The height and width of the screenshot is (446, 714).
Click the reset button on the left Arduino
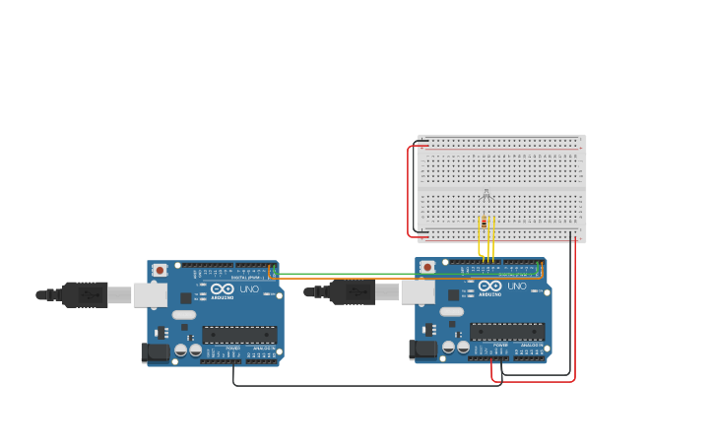(x=160, y=270)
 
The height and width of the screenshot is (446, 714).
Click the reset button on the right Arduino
(x=427, y=267)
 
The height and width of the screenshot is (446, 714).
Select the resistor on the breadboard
(x=484, y=223)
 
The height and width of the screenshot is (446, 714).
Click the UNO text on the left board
(x=249, y=289)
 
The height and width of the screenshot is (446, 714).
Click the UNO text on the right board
(x=517, y=287)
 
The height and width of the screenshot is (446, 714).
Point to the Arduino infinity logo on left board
(x=223, y=288)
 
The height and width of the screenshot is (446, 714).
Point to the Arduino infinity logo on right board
(x=490, y=286)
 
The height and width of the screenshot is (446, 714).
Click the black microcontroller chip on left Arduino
(x=239, y=335)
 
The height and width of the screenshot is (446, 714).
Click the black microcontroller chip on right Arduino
(x=507, y=332)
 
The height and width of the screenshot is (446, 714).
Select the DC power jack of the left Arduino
(x=155, y=352)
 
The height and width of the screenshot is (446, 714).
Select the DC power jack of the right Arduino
(x=422, y=350)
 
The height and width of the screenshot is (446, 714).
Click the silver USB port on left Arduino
(x=150, y=294)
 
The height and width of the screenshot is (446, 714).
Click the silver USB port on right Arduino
(x=418, y=291)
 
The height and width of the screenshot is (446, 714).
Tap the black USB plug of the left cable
(x=86, y=294)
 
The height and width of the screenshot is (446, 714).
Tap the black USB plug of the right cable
(x=354, y=291)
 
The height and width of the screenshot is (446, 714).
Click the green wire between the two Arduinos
(x=345, y=274)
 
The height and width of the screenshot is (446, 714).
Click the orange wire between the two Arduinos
(x=345, y=279)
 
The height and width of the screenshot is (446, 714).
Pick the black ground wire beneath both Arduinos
(x=364, y=385)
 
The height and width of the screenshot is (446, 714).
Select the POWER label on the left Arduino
(x=233, y=349)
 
